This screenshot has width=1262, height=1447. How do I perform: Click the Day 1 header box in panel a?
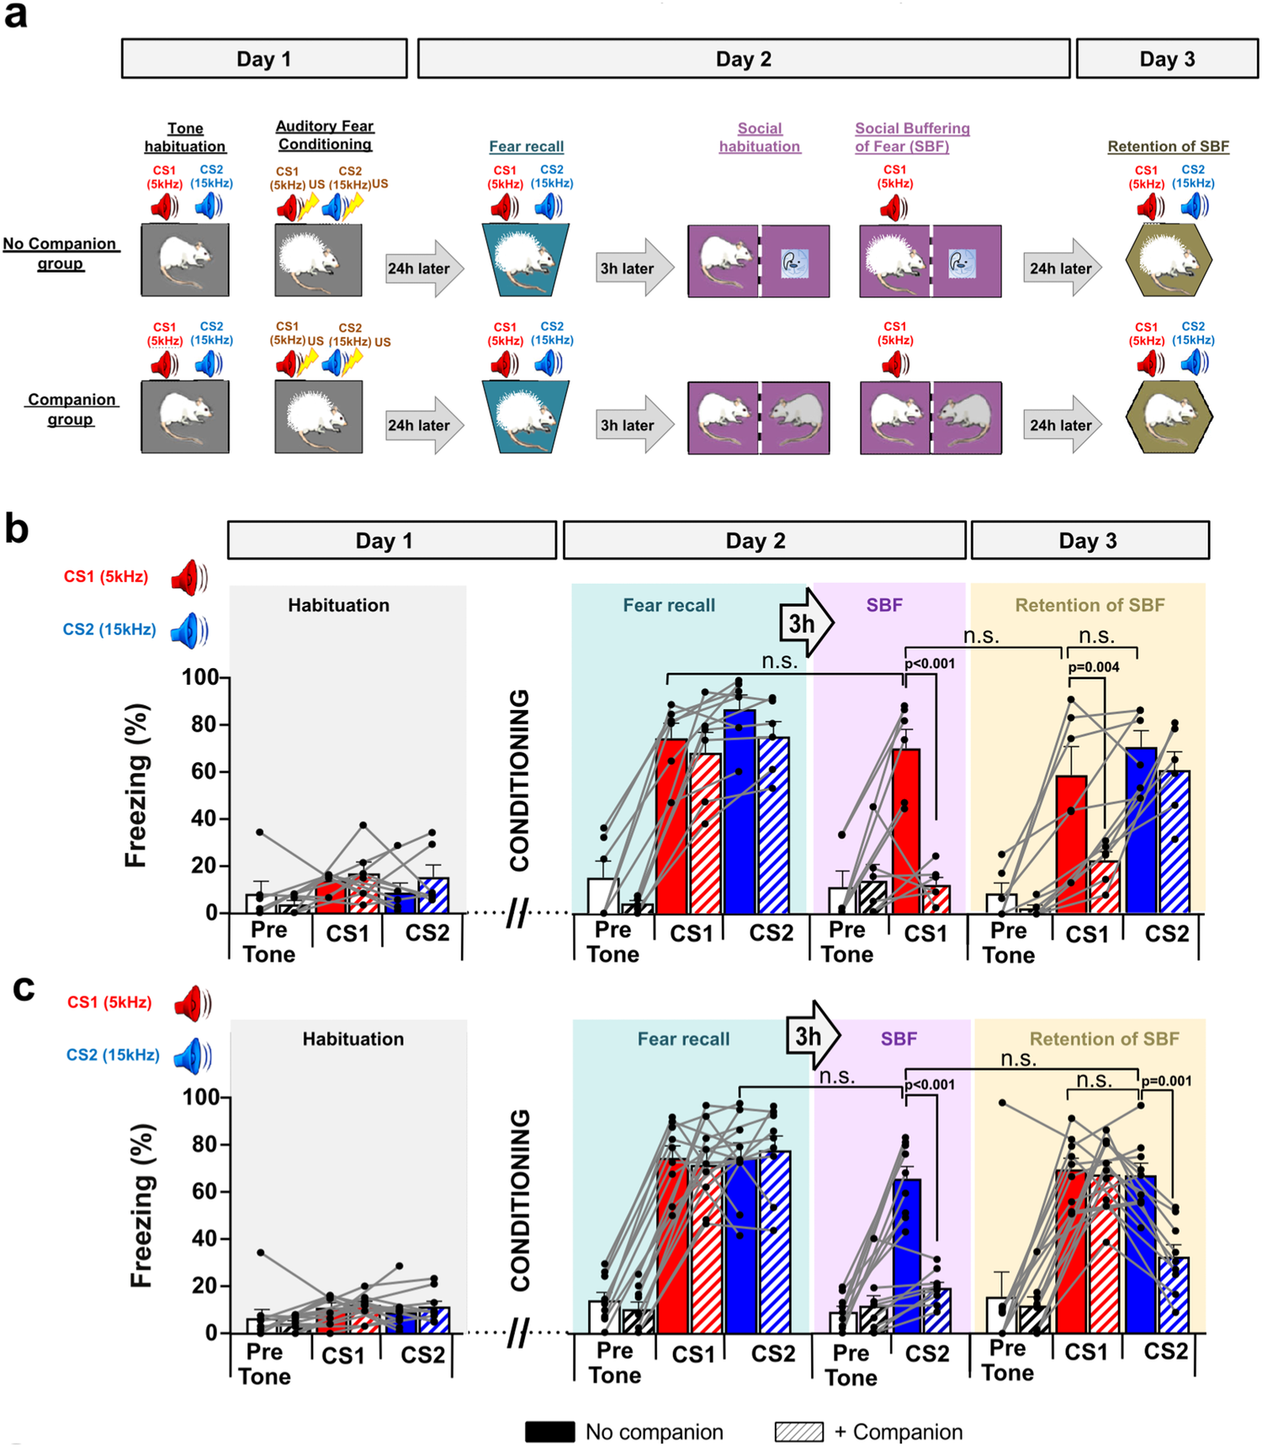(x=264, y=59)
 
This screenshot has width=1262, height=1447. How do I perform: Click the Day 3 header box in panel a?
(x=1167, y=59)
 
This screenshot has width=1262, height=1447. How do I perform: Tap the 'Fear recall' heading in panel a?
(x=526, y=146)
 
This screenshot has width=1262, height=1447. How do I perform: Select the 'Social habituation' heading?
(x=759, y=137)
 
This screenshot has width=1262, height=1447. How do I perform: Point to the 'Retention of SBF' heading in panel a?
(x=1168, y=146)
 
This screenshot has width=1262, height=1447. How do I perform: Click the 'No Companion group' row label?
(x=60, y=253)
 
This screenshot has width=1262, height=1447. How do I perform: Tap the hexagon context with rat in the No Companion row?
(x=1169, y=261)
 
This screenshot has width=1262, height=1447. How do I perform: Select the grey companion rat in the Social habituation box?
(x=796, y=418)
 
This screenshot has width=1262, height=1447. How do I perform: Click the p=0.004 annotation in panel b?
(x=1094, y=667)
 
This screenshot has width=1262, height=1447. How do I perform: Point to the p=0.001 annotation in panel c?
(x=1166, y=1081)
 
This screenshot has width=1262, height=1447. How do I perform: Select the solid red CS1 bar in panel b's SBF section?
(x=906, y=830)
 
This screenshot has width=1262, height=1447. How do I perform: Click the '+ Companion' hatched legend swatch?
(x=798, y=1432)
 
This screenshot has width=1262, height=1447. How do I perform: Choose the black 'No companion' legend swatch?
(x=549, y=1432)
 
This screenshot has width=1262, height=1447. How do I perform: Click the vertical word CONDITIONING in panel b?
(x=520, y=780)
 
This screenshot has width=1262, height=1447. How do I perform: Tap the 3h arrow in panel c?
(x=812, y=1036)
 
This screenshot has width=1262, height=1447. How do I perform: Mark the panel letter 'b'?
(x=17, y=529)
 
